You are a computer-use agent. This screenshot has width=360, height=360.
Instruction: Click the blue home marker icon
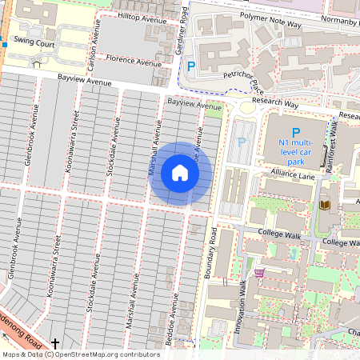point(180,173)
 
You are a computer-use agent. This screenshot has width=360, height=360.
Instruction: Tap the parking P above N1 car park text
point(295,132)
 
